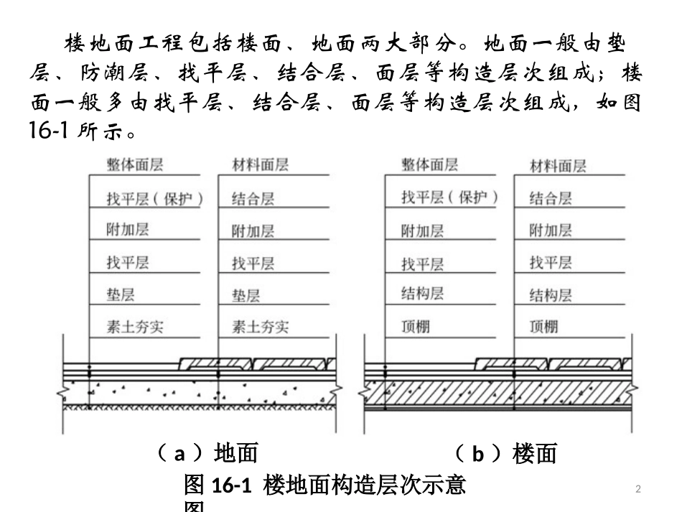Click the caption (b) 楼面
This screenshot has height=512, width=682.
[505, 454]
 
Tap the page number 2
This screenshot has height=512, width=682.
[639, 489]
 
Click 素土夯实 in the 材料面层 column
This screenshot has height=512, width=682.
[260, 327]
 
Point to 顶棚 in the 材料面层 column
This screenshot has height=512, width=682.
[543, 327]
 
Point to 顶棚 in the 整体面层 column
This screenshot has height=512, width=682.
[415, 327]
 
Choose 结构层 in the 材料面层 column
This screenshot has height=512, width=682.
[551, 294]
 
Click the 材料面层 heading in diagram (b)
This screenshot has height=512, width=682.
[558, 167]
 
